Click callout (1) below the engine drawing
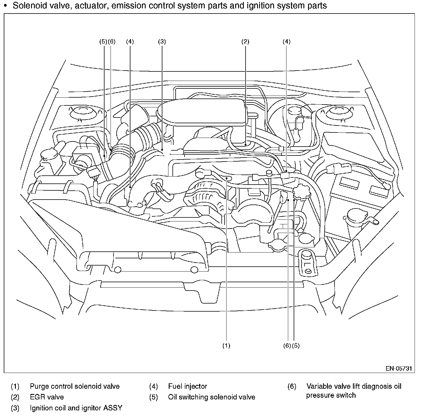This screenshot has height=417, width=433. coord(226,346)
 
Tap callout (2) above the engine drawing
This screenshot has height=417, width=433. coord(245,41)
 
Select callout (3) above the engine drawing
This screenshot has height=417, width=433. coord(162,41)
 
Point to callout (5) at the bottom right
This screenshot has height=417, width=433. coord(296,346)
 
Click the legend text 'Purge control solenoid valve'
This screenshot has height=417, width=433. coord(75,386)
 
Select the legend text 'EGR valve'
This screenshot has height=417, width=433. coord(47,397)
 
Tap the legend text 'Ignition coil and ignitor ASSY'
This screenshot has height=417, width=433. coord(76,408)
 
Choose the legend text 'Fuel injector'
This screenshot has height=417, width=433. coord(187,386)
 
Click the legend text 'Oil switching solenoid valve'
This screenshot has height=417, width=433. coord(212,397)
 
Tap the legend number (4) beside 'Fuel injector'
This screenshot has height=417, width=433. coord(153,386)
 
